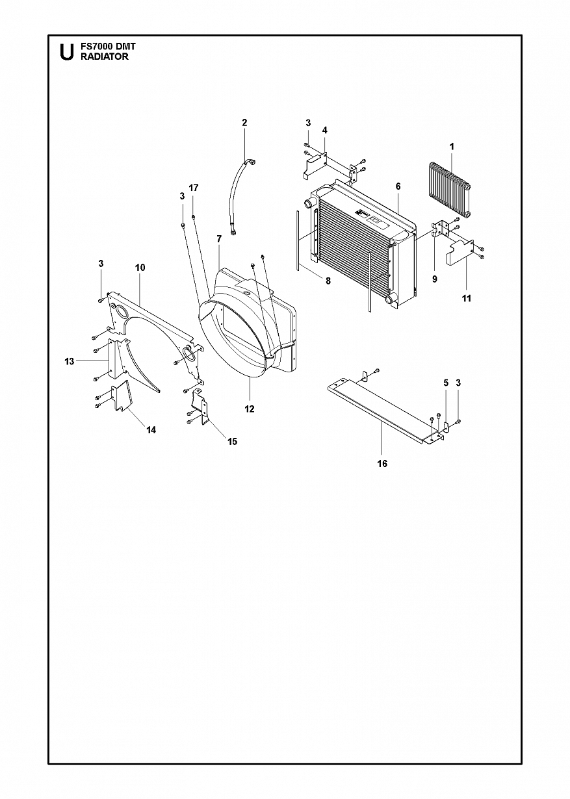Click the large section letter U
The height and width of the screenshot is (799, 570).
(x=67, y=52)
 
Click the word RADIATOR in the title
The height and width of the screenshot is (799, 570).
(x=104, y=57)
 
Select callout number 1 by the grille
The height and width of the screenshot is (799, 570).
(x=452, y=147)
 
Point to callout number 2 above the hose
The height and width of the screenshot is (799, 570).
(x=244, y=123)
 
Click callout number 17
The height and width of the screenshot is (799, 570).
(x=194, y=188)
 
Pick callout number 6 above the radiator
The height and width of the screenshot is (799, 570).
(x=398, y=186)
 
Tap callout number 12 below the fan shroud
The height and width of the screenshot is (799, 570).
(x=250, y=409)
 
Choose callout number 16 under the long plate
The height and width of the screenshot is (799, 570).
(x=382, y=464)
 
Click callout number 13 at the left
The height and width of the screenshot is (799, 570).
(x=70, y=361)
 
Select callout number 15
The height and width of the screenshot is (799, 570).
(x=232, y=442)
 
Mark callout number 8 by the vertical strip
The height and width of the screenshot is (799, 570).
(x=328, y=281)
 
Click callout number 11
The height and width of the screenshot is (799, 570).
(x=467, y=298)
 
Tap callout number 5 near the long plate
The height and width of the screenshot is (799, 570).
(x=446, y=383)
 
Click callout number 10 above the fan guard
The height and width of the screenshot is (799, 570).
(x=140, y=268)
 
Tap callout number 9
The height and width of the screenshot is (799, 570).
(x=434, y=279)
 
